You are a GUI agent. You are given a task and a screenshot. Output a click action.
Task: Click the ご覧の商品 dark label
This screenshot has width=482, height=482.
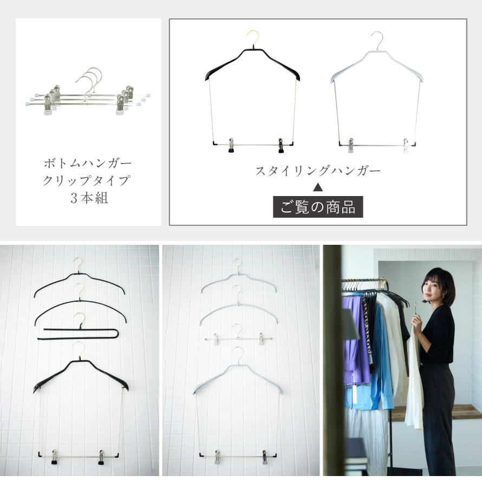[318, 207]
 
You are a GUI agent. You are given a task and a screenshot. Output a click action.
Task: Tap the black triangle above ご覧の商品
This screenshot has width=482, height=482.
[318, 187]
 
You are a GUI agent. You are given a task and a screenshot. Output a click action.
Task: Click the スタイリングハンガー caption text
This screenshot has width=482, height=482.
[318, 171]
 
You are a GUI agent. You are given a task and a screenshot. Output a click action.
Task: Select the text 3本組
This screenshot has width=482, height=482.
[89, 198]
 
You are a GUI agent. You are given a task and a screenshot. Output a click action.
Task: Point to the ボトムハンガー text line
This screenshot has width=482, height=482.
[88, 163]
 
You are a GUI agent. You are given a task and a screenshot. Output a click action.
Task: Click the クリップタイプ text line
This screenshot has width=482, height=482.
[87, 180]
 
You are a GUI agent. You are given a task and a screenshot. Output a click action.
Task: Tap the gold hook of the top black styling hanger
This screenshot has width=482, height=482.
[253, 37]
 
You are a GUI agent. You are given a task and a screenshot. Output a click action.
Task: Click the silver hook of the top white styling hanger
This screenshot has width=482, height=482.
[378, 40]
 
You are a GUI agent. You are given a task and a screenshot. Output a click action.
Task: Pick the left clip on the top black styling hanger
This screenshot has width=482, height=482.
[231, 145]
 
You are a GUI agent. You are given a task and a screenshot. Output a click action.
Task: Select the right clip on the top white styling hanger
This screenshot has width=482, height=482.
[406, 146]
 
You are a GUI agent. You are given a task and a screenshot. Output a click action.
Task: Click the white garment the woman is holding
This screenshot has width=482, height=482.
[414, 381]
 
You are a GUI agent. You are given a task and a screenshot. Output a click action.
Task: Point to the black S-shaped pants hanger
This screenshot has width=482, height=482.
[79, 334]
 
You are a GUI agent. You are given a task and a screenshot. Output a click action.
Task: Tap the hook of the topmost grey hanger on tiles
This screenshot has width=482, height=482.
[238, 265]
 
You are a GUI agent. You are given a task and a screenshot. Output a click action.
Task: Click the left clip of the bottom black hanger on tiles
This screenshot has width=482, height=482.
[54, 457]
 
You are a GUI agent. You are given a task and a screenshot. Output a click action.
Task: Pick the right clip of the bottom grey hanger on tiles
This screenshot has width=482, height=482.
[265, 457]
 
